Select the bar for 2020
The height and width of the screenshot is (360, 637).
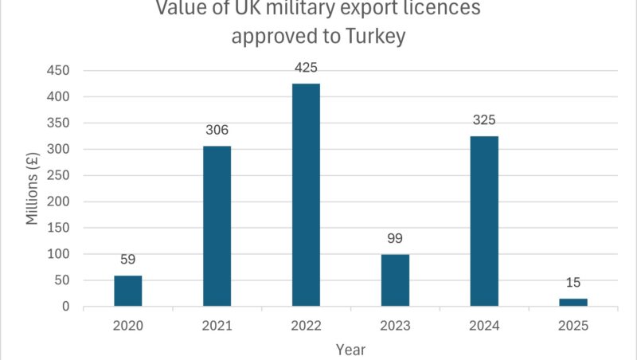click(128, 291)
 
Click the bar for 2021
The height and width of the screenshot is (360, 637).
click(217, 226)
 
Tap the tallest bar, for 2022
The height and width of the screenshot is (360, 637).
click(306, 195)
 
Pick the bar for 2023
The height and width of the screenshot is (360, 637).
click(395, 280)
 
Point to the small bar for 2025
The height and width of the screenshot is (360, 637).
click(573, 303)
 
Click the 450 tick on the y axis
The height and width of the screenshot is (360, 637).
click(61, 71)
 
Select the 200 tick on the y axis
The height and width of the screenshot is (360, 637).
click(61, 202)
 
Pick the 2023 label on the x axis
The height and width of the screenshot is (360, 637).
click(395, 325)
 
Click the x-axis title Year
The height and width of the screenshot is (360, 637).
click(350, 348)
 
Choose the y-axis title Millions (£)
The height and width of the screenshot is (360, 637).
click(33, 188)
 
